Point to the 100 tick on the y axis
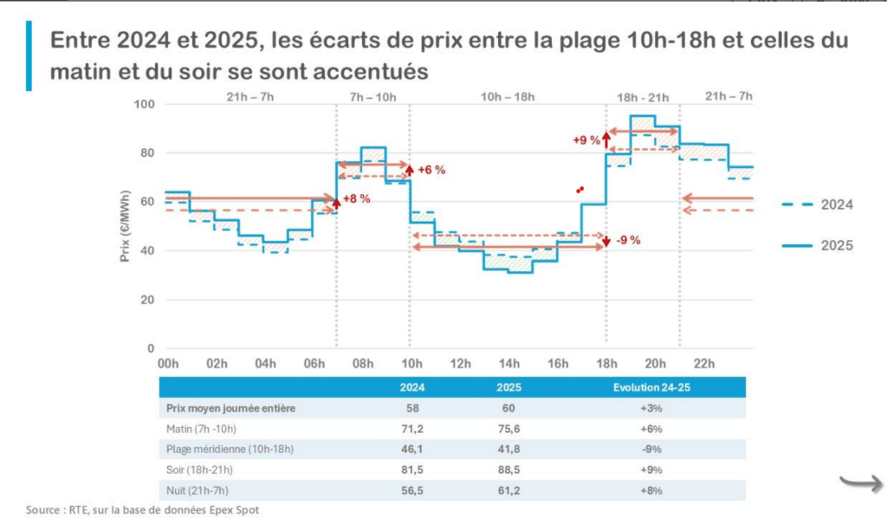[142, 105]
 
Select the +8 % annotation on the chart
[356, 198]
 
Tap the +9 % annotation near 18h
[586, 139]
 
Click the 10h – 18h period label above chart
[507, 96]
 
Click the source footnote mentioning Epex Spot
[142, 509]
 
